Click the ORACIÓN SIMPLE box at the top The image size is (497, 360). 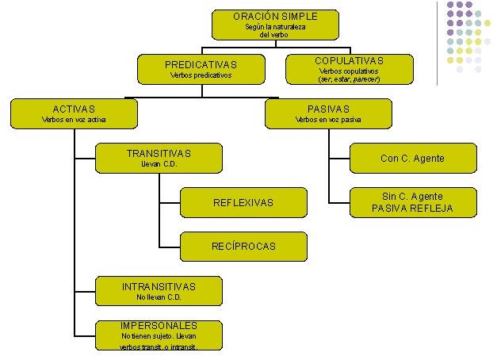pos(275,24)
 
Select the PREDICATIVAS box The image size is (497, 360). pos(201,69)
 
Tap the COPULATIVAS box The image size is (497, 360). pos(349,69)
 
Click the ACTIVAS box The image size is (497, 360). pos(73,113)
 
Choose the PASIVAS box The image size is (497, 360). pos(327,113)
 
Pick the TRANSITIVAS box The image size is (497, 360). pos(159,158)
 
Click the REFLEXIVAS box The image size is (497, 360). pos(243,202)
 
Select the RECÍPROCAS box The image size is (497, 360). pos(243,246)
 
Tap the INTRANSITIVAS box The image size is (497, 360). pos(159,291)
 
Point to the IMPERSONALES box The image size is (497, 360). pos(159,335)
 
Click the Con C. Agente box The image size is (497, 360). pos(412,158)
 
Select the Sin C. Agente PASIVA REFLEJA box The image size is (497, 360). pos(412,202)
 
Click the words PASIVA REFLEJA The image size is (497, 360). pos(412,209)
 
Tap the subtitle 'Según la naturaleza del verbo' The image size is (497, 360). pos(275,31)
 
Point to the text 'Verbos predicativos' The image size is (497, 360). pos(201,76)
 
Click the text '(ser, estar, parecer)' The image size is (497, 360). pos(349,79)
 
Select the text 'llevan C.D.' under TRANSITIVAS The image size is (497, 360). pos(159,164)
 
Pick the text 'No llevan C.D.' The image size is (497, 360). pos(159,297)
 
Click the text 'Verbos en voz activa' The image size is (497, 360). pos(73,120)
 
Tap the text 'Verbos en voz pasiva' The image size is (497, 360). pos(327,120)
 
